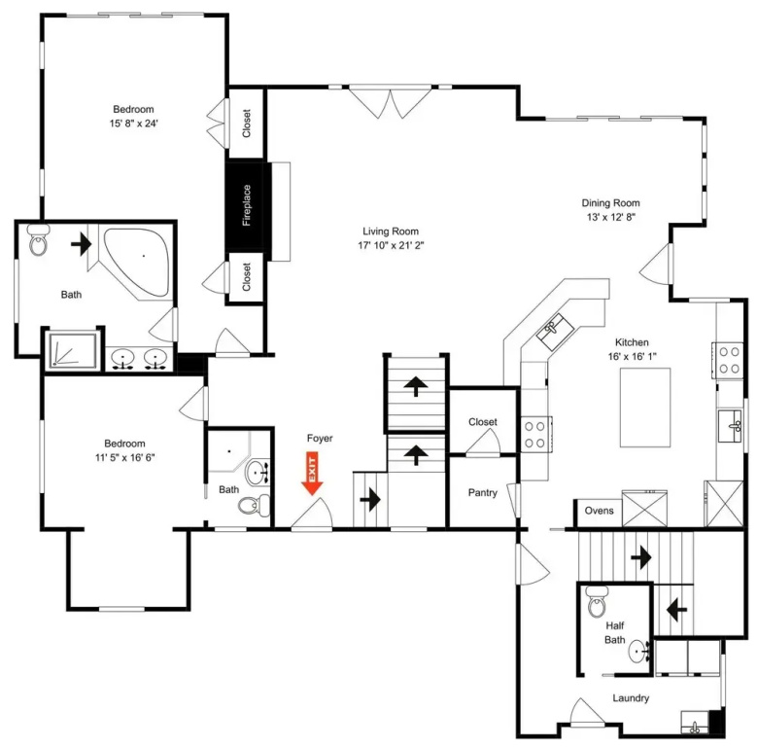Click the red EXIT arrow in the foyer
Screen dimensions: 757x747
tap(312, 474)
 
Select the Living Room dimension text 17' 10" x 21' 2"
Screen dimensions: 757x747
tap(391, 245)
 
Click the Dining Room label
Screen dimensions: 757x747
tap(610, 203)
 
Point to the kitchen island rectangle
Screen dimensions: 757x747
tap(645, 408)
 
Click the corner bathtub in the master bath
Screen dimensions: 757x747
tap(138, 263)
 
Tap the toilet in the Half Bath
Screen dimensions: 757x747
tap(597, 601)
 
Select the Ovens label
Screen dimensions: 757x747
tap(600, 511)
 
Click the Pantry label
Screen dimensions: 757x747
tap(482, 493)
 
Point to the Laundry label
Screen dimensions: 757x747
tap(631, 697)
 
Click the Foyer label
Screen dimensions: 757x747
tap(320, 439)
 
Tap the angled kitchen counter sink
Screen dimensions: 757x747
tap(556, 332)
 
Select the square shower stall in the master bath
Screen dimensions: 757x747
tap(74, 349)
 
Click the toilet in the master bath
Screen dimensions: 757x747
tap(38, 239)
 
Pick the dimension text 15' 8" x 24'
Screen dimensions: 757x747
tap(134, 124)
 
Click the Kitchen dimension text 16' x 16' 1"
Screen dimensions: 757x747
tap(632, 357)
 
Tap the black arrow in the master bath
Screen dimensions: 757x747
tap(81, 244)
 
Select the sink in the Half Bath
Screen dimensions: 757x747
tap(639, 652)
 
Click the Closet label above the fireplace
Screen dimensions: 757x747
tap(247, 124)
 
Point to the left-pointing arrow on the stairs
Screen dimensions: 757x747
tap(677, 610)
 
